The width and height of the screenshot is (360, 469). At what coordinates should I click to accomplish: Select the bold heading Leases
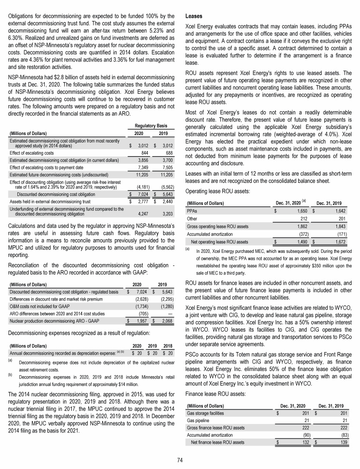point(195,15)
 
